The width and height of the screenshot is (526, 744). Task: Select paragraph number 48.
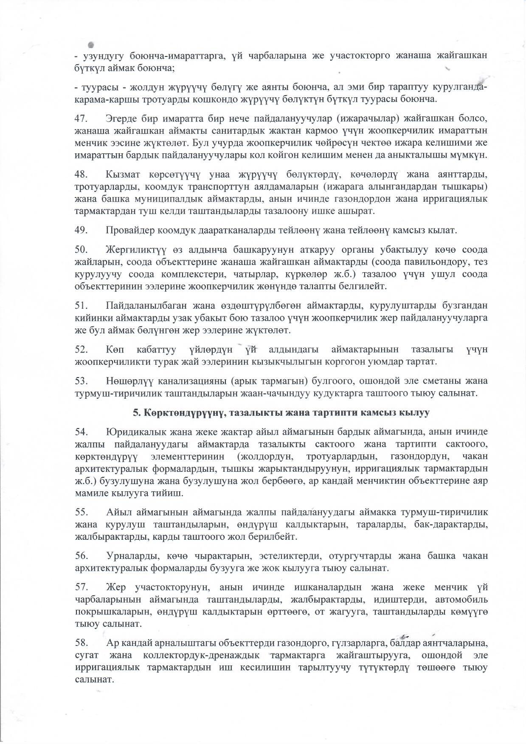[x=81, y=174]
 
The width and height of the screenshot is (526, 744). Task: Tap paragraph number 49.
[x=81, y=231]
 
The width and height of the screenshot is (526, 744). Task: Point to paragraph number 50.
[x=81, y=249]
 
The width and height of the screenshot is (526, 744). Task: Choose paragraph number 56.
[x=81, y=555]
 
